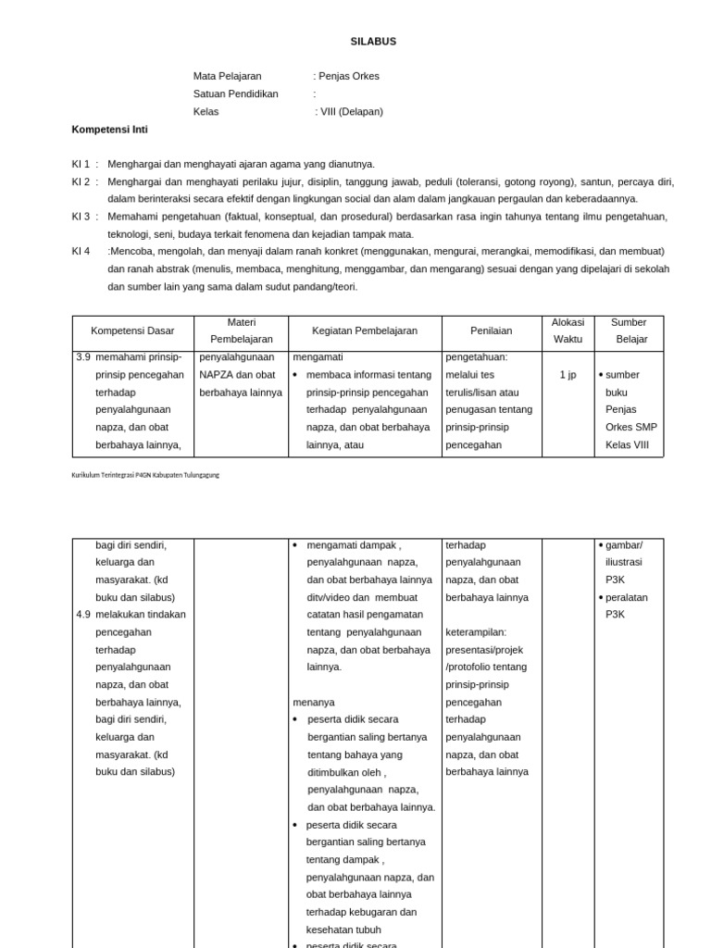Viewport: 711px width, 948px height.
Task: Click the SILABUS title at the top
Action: click(x=373, y=42)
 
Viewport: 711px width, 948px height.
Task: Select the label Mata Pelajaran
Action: click(x=227, y=76)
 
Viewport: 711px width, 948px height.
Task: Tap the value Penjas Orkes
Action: click(x=349, y=76)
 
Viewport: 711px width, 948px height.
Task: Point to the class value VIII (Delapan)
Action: click(x=351, y=111)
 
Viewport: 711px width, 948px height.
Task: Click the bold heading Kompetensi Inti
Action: click(x=109, y=130)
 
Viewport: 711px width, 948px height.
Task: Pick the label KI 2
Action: click(x=81, y=181)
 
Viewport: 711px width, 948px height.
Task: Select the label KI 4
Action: click(x=81, y=251)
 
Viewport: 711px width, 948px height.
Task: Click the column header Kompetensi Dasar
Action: click(x=132, y=331)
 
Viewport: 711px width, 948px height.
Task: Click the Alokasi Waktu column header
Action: click(x=568, y=331)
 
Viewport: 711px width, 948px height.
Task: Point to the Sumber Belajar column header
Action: click(x=629, y=331)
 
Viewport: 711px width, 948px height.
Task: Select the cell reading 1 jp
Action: click(x=568, y=375)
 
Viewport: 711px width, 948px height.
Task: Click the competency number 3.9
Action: click(x=83, y=356)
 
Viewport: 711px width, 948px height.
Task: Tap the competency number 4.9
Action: click(x=83, y=615)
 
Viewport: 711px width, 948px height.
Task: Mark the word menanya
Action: click(x=314, y=703)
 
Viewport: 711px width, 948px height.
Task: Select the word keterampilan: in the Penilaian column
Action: click(x=477, y=632)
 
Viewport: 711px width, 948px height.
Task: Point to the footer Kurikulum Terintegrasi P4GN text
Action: click(x=145, y=475)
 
